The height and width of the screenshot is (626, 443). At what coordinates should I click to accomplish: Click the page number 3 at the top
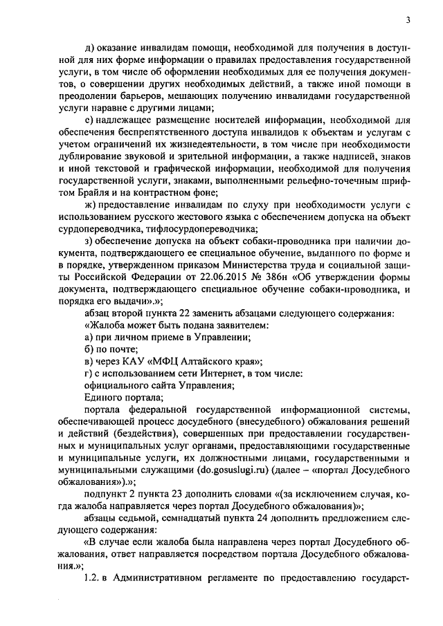point(408,20)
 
